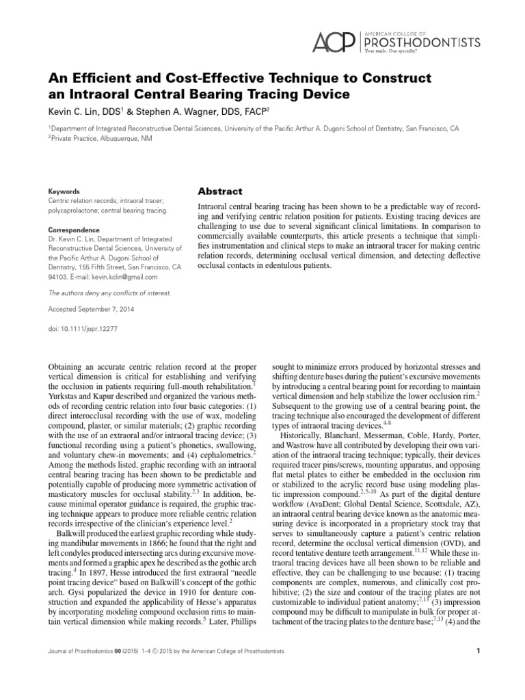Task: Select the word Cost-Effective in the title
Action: (205, 77)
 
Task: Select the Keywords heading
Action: (63, 191)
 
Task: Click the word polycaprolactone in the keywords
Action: (74, 211)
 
